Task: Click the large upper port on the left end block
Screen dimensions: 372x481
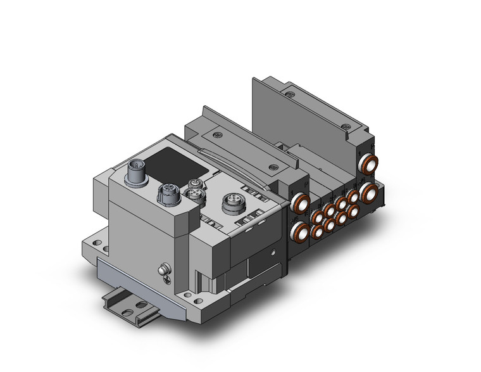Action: [x=298, y=203]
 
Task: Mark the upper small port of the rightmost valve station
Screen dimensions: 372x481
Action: [x=352, y=196]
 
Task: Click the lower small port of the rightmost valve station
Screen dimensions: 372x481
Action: [x=353, y=212]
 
